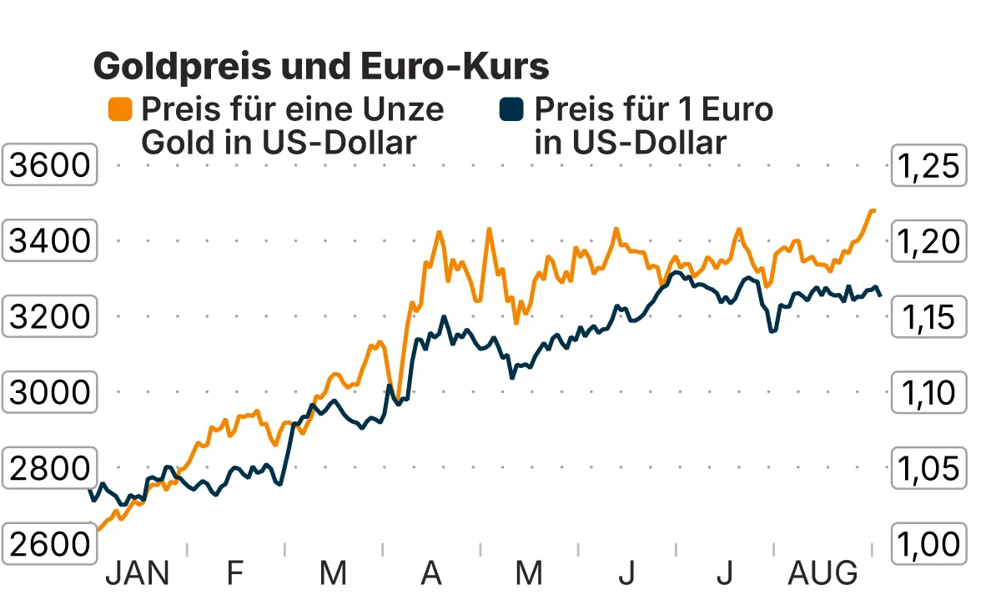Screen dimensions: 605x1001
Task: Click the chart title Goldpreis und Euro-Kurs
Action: (321, 65)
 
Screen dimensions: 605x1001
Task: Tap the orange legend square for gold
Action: (120, 109)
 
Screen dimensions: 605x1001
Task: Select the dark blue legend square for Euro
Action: (511, 109)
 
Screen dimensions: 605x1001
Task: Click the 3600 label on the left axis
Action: (49, 166)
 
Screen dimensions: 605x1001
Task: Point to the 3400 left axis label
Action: (49, 241)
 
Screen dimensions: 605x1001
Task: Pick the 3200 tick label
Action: (49, 316)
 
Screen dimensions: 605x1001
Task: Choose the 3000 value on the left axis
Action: (49, 391)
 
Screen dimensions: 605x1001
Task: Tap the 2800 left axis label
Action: (49, 468)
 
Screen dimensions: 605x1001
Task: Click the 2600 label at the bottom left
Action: (49, 544)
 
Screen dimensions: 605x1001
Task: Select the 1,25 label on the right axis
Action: (929, 166)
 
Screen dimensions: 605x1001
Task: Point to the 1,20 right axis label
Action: (929, 241)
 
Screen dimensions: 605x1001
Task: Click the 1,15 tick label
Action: (929, 316)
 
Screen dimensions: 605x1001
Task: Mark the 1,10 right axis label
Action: (929, 391)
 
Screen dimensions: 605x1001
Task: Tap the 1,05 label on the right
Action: (929, 468)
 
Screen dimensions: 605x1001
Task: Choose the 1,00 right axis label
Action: (929, 544)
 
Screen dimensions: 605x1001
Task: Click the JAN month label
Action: (138, 574)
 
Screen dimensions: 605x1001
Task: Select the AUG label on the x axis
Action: (823, 574)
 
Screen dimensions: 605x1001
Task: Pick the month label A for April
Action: (430, 574)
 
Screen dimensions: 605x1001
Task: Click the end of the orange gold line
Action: (873, 210)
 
